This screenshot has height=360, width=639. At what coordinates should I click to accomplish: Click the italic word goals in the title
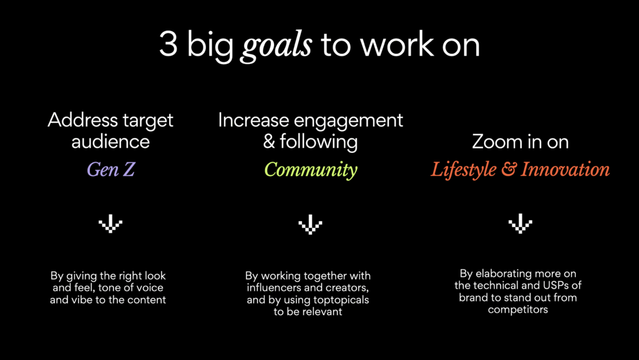(276, 46)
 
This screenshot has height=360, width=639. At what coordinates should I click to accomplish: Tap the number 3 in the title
(168, 44)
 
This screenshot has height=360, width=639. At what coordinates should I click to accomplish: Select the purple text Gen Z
(110, 170)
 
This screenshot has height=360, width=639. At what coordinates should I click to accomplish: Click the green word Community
(311, 170)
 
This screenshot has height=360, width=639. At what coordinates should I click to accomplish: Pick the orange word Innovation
(565, 170)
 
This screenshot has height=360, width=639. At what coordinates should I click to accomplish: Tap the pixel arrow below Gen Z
(110, 223)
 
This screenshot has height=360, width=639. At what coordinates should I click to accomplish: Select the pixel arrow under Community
(310, 224)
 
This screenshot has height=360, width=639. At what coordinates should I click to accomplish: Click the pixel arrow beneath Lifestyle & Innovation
(520, 223)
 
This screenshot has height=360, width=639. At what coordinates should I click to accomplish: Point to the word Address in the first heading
(77, 120)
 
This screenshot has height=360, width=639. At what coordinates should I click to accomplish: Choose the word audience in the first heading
(110, 142)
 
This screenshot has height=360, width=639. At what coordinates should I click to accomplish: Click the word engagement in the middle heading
(348, 122)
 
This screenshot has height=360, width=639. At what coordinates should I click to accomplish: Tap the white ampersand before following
(269, 142)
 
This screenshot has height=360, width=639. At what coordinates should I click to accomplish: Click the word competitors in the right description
(518, 310)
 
